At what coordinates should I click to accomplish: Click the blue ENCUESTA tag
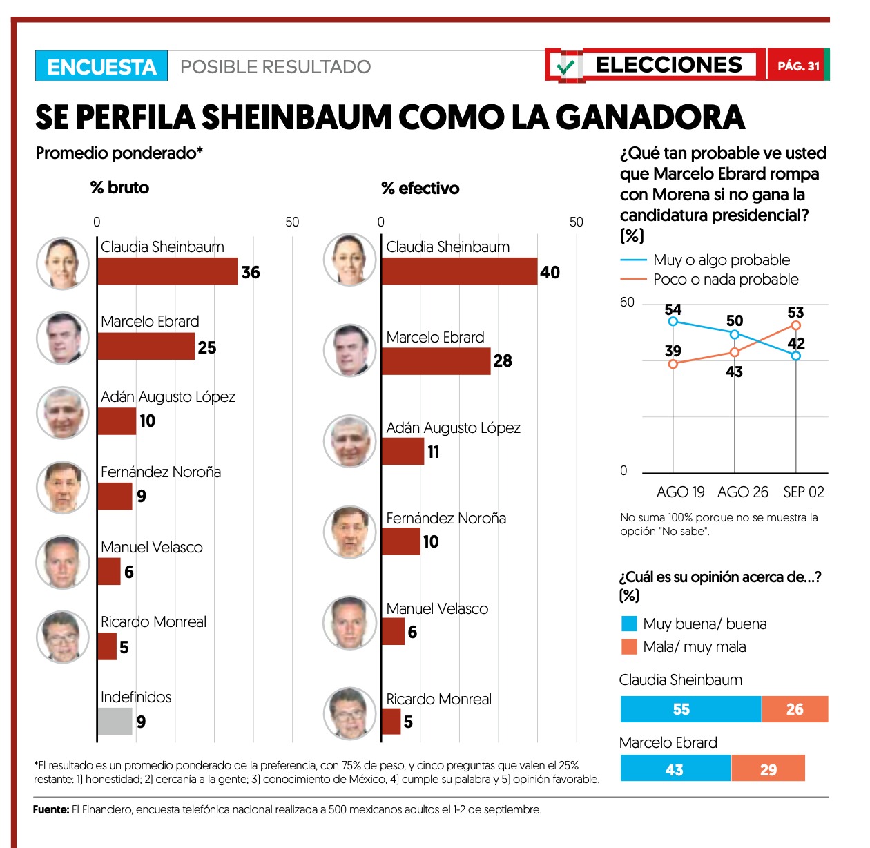(101, 66)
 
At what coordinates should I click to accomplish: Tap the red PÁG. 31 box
(797, 66)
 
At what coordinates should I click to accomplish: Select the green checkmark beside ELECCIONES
(566, 67)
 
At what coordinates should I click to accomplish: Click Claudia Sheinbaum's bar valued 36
(168, 271)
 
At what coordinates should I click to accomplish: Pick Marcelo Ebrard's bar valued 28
(436, 361)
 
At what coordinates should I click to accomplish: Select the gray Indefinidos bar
(115, 722)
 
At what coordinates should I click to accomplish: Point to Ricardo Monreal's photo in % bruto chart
(63, 637)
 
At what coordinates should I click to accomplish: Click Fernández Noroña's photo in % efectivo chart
(350, 532)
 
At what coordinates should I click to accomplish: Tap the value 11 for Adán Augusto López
(434, 452)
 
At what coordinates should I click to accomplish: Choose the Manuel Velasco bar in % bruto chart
(109, 572)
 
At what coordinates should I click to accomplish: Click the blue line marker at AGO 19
(673, 321)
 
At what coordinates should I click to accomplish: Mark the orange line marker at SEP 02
(796, 325)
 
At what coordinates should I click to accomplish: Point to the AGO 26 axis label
(742, 492)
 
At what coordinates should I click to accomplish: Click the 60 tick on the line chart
(627, 302)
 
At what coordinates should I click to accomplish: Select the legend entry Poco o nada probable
(726, 280)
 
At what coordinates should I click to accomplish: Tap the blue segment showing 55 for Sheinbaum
(690, 709)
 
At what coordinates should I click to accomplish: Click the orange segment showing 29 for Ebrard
(768, 769)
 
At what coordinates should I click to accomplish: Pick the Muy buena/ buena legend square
(629, 624)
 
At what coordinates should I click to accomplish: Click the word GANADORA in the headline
(650, 117)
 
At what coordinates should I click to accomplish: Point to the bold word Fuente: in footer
(51, 809)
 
